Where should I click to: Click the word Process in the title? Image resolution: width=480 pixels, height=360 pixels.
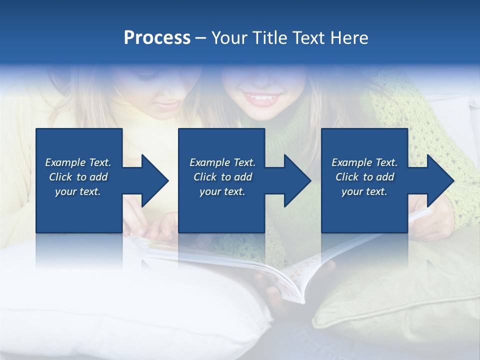coord(157,38)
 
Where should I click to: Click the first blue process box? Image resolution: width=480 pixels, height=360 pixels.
coord(79,210)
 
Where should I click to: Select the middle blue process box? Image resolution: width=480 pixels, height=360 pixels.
coord(221,210)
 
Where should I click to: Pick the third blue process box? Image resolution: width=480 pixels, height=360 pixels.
coord(364,210)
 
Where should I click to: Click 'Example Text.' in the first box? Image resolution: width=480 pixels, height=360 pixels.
coord(78,162)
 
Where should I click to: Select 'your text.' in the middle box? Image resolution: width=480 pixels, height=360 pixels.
coord(222,191)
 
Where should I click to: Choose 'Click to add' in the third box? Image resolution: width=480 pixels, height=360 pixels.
coord(364,177)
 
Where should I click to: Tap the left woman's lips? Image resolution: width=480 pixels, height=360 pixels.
coord(168,105)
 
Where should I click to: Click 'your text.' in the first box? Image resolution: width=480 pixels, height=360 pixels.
coord(78,191)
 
